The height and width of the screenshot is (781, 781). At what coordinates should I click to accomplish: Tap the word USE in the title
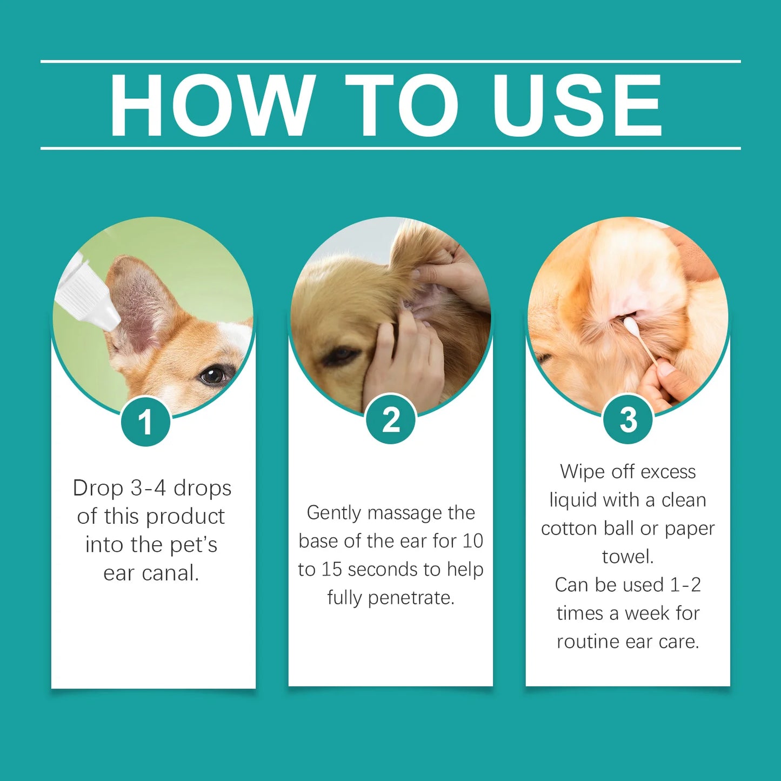click(577, 105)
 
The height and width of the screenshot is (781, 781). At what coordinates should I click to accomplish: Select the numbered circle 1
click(145, 422)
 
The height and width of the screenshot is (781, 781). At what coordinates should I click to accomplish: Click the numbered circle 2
click(391, 419)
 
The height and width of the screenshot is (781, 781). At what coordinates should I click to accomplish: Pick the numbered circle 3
click(628, 419)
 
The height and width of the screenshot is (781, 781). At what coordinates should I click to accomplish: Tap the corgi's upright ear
click(142, 305)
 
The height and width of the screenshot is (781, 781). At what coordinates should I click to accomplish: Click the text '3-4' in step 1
click(148, 488)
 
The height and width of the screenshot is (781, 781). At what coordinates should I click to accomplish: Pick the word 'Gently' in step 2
click(334, 513)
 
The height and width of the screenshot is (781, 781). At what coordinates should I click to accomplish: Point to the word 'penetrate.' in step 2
click(411, 598)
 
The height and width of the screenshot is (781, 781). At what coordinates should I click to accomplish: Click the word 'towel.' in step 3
click(628, 557)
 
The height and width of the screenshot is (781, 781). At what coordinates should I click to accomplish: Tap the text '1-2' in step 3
click(685, 585)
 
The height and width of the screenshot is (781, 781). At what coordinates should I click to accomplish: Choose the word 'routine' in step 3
click(588, 642)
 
